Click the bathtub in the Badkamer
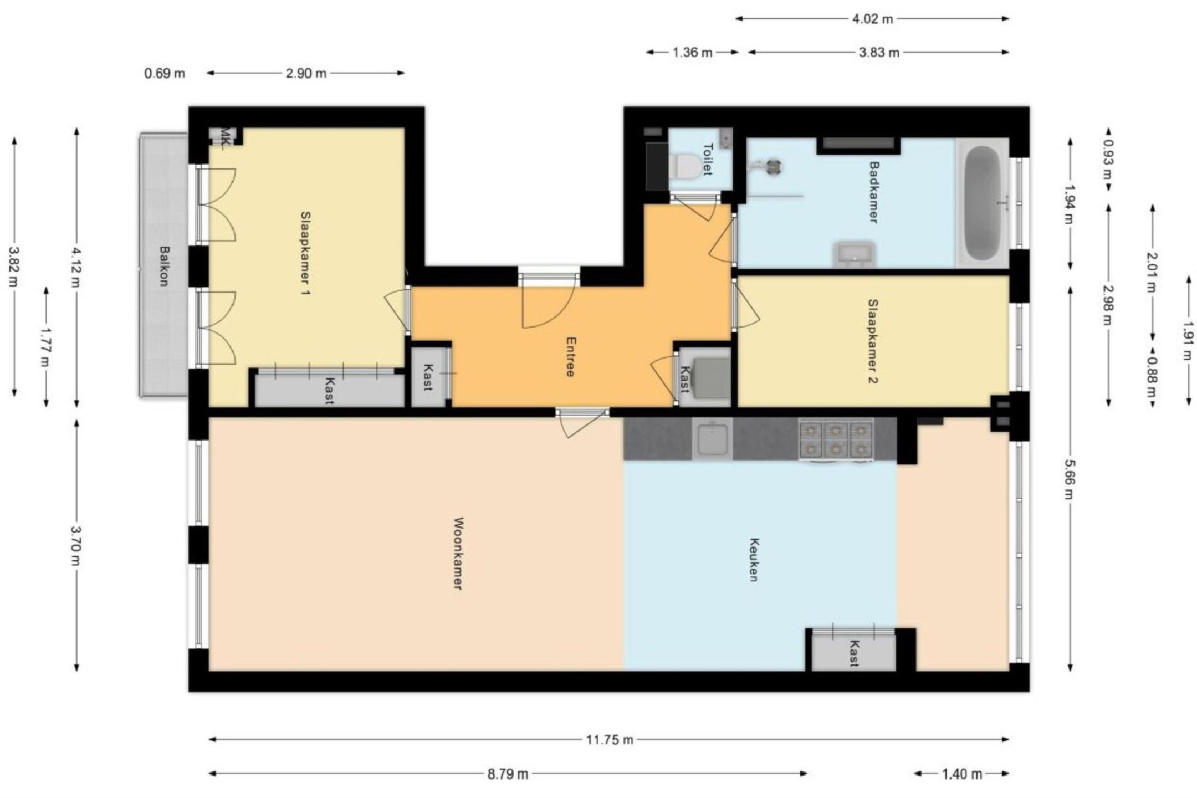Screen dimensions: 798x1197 tap(982, 203)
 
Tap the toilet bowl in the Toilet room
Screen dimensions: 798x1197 tap(685, 165)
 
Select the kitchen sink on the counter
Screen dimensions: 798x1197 tap(712, 438)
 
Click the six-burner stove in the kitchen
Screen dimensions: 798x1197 tap(836, 439)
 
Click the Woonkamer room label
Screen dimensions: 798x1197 tap(458, 553)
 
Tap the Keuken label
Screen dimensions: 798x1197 tap(753, 559)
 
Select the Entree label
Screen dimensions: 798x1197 tap(570, 357)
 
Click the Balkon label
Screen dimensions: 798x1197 tap(163, 265)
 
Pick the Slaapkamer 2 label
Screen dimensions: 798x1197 tap(873, 341)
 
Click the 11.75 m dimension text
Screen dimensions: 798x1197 tap(609, 739)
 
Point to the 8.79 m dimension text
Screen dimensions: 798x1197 tap(508, 774)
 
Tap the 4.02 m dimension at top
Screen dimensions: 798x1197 tap(872, 19)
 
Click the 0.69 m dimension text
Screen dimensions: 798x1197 tap(165, 73)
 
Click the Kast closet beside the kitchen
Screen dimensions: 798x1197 tap(853, 652)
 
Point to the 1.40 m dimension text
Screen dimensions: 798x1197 tap(961, 774)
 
